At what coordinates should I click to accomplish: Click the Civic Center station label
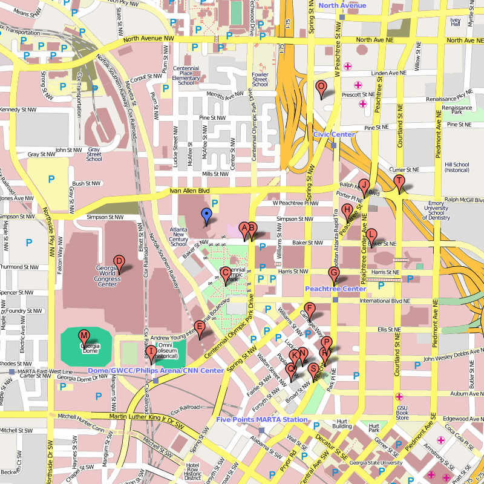tap(333, 134)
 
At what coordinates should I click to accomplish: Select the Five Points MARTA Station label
tap(261, 419)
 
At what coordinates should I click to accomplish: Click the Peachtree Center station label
tap(335, 289)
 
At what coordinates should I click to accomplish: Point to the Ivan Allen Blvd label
tap(190, 191)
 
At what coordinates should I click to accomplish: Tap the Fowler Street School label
tap(260, 79)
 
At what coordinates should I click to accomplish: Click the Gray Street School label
tap(94, 154)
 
